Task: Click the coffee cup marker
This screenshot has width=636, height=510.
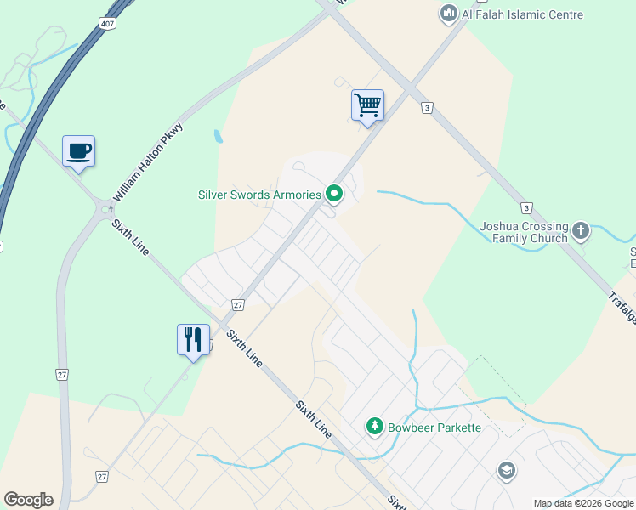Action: (x=78, y=151)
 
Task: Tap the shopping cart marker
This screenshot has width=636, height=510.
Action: (x=367, y=105)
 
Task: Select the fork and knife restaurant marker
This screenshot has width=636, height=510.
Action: (x=193, y=339)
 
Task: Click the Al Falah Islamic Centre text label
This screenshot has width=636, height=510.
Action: (x=523, y=14)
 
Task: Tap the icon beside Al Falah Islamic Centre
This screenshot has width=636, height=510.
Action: (x=448, y=14)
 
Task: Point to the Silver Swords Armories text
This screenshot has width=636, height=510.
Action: (x=259, y=195)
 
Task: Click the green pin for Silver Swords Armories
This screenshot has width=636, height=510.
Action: (x=334, y=195)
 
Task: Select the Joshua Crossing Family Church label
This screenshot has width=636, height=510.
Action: (x=524, y=232)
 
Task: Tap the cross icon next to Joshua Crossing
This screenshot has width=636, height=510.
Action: (x=581, y=229)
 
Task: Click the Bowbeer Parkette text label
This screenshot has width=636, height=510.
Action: (x=434, y=427)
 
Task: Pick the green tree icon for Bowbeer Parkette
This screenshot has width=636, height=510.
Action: (x=374, y=426)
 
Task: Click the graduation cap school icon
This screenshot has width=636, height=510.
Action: (x=506, y=471)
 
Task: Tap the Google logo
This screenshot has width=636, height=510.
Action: (x=28, y=500)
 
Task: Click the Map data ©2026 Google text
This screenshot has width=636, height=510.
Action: (x=583, y=503)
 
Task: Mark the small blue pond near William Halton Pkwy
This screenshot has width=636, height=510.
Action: (x=219, y=136)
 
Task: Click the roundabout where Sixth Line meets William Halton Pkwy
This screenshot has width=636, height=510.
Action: (x=106, y=208)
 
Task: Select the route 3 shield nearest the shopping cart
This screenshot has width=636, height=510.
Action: (x=427, y=108)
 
